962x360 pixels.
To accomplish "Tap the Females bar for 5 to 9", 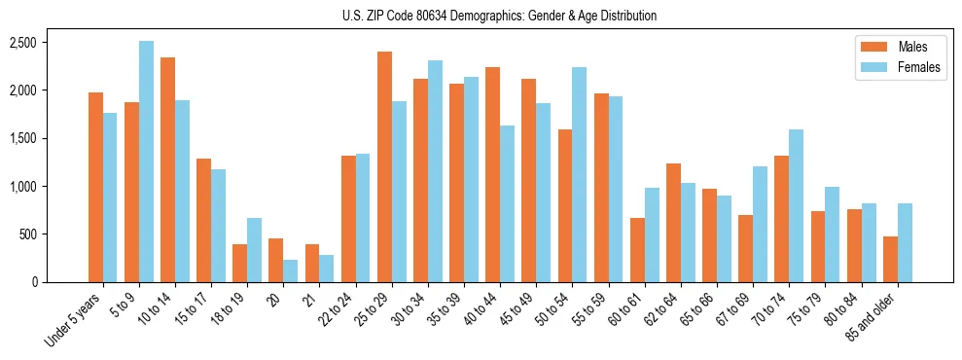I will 146,162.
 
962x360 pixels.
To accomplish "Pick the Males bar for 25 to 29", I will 384,166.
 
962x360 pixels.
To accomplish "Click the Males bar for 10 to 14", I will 167,169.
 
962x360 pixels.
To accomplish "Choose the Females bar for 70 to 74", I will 796,205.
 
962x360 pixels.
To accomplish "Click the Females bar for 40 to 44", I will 507,203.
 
